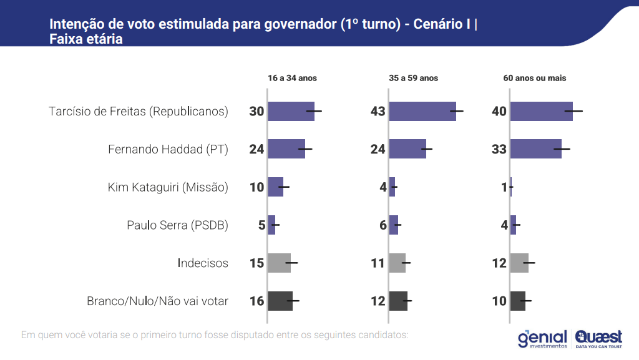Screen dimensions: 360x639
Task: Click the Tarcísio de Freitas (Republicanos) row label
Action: click(138, 112)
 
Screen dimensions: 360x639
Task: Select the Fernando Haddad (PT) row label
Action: click(168, 150)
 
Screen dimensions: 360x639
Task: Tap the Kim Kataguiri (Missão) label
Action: click(168, 187)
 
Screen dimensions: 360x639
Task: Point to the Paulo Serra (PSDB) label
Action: click(177, 225)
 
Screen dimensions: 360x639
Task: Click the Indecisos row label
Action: click(203, 263)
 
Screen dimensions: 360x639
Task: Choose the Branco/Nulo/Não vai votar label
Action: click(157, 301)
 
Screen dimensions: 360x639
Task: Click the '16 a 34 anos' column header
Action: click(292, 79)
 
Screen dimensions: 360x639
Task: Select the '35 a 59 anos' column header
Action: click(413, 79)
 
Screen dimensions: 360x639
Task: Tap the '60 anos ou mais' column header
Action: click(535, 79)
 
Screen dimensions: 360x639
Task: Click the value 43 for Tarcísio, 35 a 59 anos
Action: click(378, 112)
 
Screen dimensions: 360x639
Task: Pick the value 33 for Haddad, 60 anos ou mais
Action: click(499, 150)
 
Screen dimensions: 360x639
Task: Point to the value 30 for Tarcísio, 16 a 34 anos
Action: click(256, 112)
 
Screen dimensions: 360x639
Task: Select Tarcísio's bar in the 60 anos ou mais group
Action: click(541, 111)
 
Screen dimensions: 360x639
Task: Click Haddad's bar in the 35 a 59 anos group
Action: click(407, 149)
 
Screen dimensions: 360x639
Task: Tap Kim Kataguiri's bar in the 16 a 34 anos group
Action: click(275, 187)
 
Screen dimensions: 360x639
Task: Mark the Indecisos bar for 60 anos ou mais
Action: click(519, 263)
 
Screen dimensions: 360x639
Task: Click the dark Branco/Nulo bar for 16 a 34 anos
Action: click(280, 301)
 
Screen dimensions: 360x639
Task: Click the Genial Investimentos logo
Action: click(542, 339)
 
